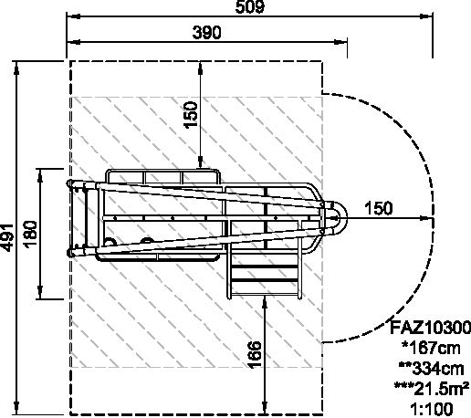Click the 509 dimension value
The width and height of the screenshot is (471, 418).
click(250, 6)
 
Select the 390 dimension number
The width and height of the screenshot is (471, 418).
click(207, 32)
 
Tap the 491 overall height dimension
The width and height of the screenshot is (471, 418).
click(7, 238)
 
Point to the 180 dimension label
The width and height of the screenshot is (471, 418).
click(31, 235)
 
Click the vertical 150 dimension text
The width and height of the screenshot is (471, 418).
click(191, 115)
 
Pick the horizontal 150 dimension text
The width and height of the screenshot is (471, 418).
click(379, 208)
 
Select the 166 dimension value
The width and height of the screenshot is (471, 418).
click(255, 355)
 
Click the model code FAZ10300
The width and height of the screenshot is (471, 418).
click(430, 328)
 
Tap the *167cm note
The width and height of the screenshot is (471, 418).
click(431, 348)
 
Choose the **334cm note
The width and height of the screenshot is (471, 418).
click(432, 369)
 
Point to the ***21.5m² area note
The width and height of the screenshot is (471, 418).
click(432, 389)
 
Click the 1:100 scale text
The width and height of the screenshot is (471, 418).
click(432, 409)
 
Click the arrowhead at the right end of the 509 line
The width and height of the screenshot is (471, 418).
click(426, 16)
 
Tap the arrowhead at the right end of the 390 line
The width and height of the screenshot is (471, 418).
click(340, 42)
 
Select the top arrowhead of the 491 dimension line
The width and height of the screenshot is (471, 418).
click(16, 68)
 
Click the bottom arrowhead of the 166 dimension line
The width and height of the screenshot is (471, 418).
click(266, 407)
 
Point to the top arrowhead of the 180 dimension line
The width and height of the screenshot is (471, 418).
click(40, 175)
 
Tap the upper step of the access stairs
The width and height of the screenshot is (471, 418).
click(264, 266)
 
